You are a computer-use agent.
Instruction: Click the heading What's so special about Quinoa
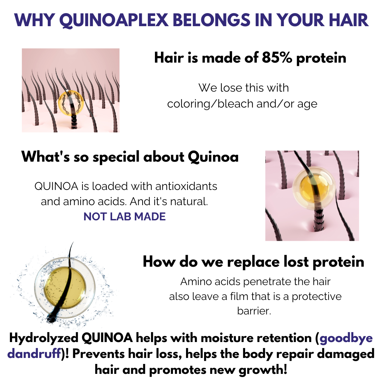pyautogui.click(x=130, y=157)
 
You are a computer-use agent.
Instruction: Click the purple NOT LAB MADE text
pyautogui.click(x=125, y=217)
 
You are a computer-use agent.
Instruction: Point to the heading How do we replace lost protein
pyautogui.click(x=253, y=262)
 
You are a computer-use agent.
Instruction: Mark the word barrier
pyautogui.click(x=254, y=311)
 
